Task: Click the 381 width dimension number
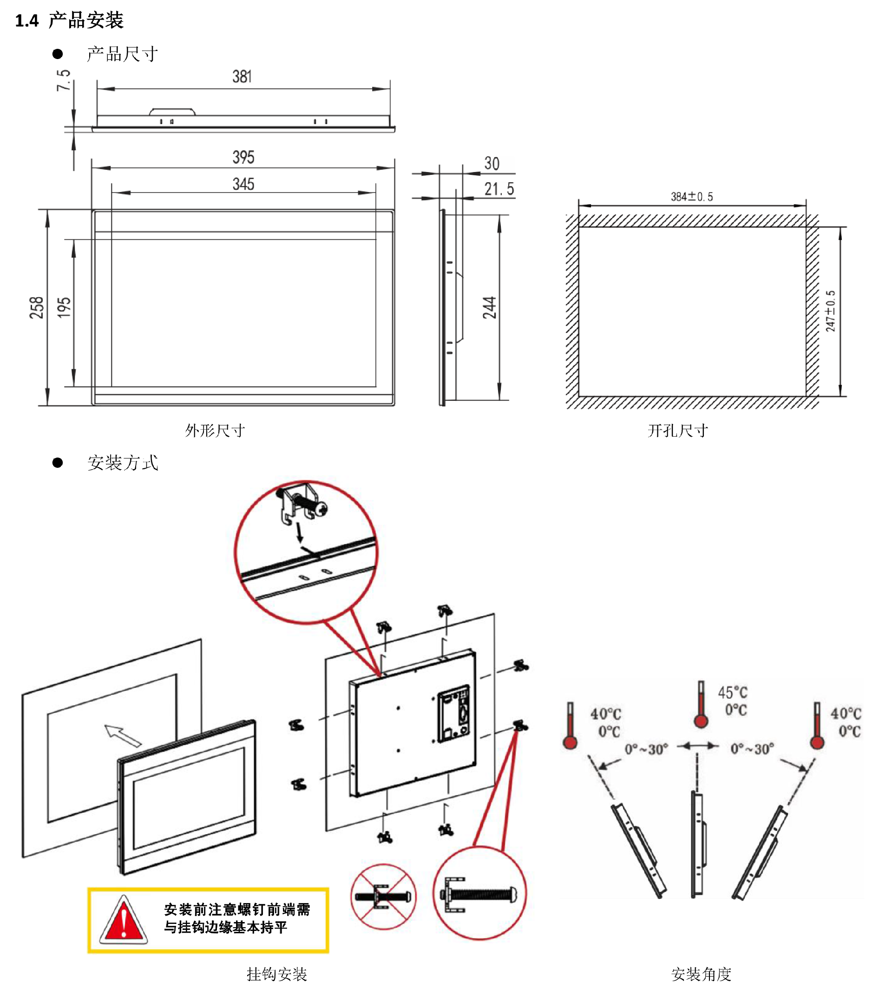pos(242,77)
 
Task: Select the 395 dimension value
pos(243,157)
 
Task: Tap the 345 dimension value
pos(243,184)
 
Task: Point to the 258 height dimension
pos(37,308)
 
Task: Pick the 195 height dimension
pos(64,308)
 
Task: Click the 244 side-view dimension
pos(489,308)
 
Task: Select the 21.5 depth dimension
pos(499,189)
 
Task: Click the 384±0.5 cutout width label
pos(692,197)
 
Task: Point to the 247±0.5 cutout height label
pos(830,311)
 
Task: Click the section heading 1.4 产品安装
pos(69,20)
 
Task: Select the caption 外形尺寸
pos(215,430)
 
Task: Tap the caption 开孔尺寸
pos(678,430)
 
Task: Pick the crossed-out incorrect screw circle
pos(383,897)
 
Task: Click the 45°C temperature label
pos(733,692)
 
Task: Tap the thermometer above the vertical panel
pos(701,704)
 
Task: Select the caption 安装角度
pos(701,974)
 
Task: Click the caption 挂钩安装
pos(276,974)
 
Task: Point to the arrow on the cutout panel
pos(123,735)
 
